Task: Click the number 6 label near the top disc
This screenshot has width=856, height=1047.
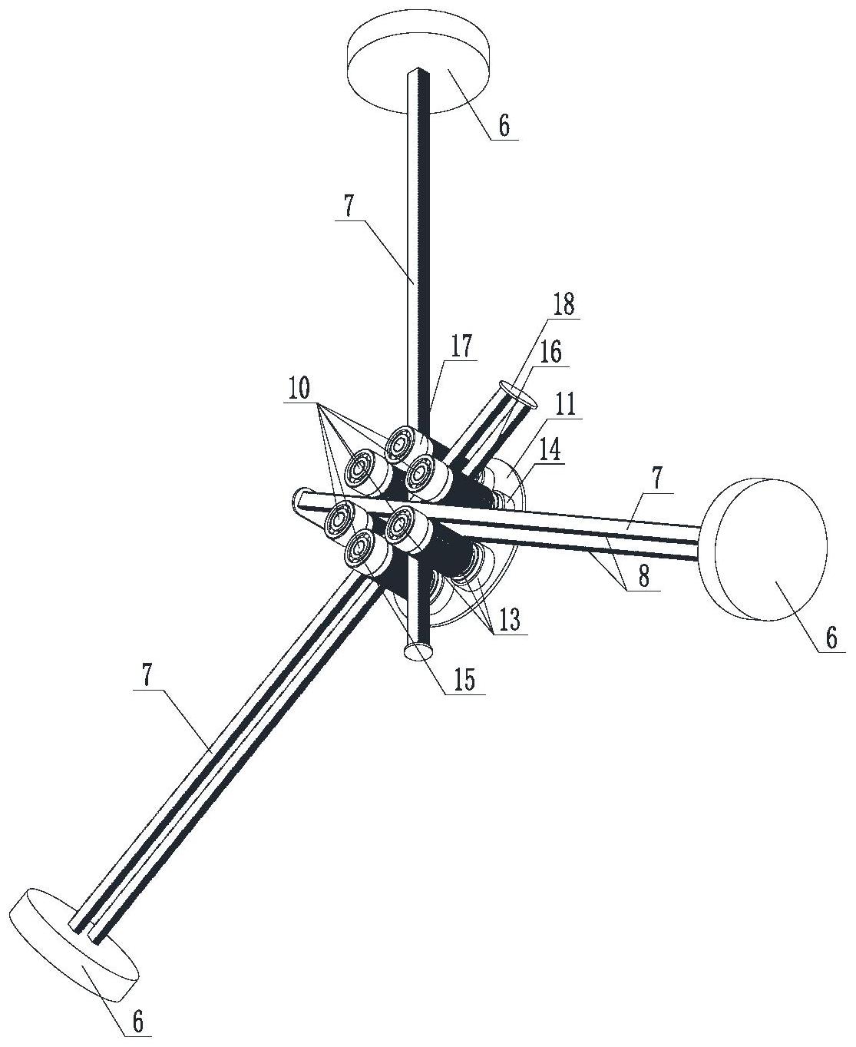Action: pyautogui.click(x=504, y=125)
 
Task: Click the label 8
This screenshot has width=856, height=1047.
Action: pyautogui.click(x=642, y=578)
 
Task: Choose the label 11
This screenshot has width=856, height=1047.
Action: pyautogui.click(x=567, y=404)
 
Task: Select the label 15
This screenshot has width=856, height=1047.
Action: pyautogui.click(x=464, y=679)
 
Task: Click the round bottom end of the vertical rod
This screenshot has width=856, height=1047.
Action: pyautogui.click(x=419, y=652)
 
